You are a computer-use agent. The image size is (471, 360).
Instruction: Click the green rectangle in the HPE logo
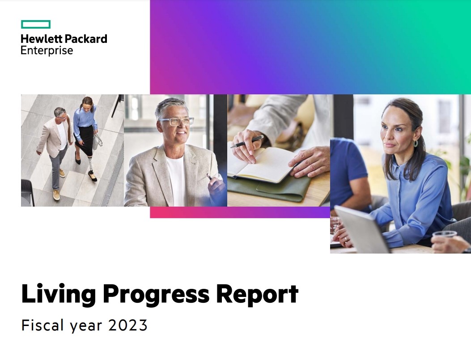pyautogui.click(x=36, y=25)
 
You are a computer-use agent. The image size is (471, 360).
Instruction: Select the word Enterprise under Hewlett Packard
pyautogui.click(x=47, y=50)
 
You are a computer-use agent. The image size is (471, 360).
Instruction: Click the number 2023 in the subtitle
pyautogui.click(x=128, y=326)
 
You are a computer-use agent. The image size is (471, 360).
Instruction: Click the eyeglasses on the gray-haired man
pyautogui.click(x=177, y=122)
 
